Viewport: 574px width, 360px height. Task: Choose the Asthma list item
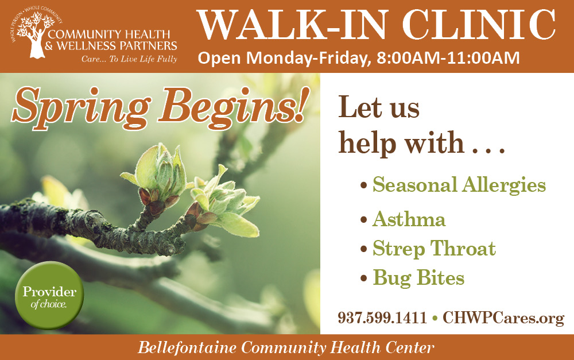409,219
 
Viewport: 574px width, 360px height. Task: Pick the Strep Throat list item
434,249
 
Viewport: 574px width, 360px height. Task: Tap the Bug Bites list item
418,278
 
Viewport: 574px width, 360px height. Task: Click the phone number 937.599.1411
382,318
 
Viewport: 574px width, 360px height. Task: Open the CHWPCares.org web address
503,318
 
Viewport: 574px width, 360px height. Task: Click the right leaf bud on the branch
227,201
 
